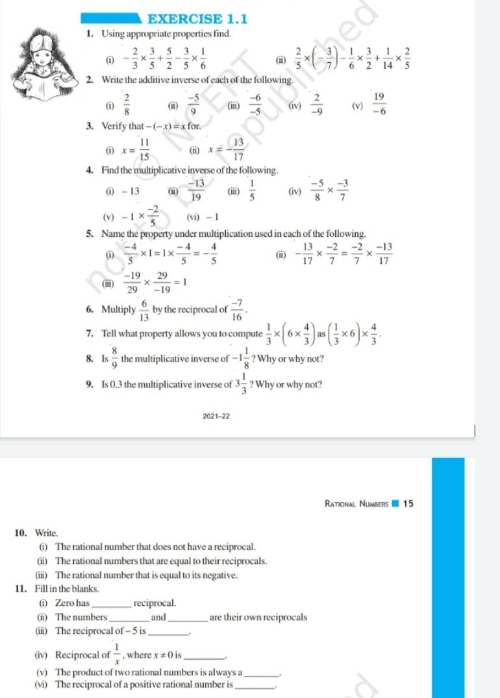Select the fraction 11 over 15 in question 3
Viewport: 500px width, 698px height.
[145, 149]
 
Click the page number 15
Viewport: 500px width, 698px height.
[408, 503]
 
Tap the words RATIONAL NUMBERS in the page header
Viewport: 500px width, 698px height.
[356, 503]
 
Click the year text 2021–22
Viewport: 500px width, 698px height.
[216, 416]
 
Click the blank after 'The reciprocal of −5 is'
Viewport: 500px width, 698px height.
[169, 631]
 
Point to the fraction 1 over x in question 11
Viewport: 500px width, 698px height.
[117, 654]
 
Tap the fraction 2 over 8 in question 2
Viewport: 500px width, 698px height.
[127, 104]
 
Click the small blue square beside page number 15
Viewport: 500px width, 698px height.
[395, 503]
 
